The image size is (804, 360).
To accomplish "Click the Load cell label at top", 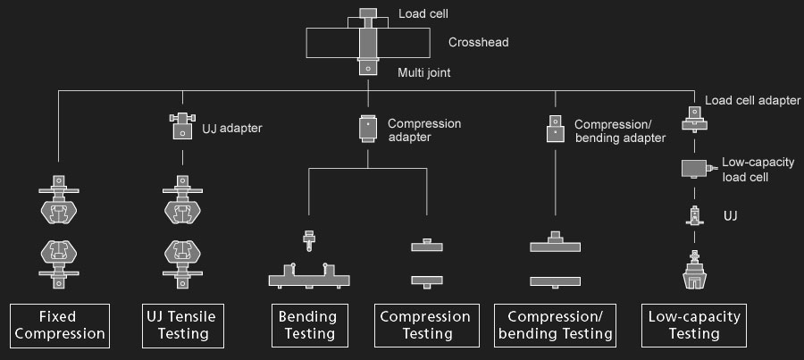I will click(x=423, y=14).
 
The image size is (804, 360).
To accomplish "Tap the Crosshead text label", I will click(x=478, y=42).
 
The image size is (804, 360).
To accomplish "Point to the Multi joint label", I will click(x=424, y=71).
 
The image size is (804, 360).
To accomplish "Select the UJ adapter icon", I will click(x=182, y=127).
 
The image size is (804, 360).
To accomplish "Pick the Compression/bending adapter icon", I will click(x=554, y=130).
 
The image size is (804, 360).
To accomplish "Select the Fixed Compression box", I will click(x=59, y=326).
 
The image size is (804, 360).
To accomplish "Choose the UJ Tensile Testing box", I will click(x=182, y=326).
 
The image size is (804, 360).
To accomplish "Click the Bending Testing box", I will click(x=308, y=326).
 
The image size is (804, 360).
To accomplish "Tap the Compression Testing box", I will click(x=425, y=326).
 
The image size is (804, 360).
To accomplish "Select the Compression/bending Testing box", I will click(x=557, y=326).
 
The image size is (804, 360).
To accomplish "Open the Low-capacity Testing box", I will click(x=694, y=326).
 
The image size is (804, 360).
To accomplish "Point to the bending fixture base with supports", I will click(x=308, y=277).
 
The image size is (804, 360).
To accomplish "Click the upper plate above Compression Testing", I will click(x=427, y=245).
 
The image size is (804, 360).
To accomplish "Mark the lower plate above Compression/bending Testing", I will click(x=556, y=281).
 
